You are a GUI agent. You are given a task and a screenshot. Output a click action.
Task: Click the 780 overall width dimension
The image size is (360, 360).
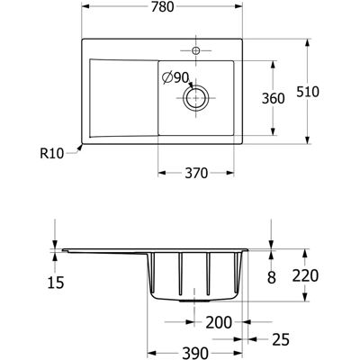pos(162,7)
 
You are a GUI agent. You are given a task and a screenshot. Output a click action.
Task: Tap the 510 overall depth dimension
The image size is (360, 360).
pos(308,92)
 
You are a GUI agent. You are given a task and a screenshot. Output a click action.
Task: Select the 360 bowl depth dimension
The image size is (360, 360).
pos(273,98)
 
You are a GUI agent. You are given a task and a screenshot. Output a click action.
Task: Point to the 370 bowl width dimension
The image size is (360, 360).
pos(196,173)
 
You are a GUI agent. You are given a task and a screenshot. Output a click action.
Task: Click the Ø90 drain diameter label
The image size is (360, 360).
pos(175,78)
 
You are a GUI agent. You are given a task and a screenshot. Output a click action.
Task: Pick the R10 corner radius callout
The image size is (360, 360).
pos(52,154)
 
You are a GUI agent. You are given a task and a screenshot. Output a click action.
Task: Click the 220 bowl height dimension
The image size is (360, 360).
pos(305,275)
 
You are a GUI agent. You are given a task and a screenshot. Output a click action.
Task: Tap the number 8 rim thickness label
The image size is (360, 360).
pos(272,278)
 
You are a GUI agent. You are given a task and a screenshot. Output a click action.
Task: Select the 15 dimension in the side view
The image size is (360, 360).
pos(56,283)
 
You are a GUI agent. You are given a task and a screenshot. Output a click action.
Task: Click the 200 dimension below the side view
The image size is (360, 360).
pos(219,322)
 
